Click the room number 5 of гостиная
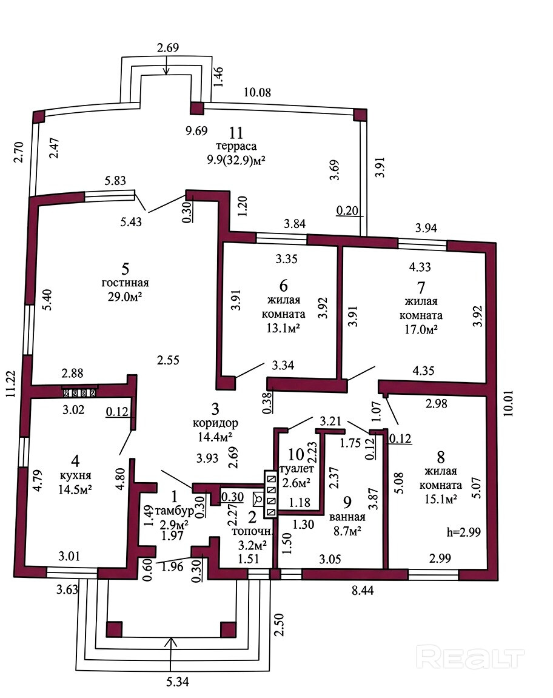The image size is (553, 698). click(126, 267)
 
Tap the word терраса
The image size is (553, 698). click(236, 146)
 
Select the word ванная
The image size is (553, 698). click(347, 517)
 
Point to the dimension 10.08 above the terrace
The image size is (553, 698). click(257, 92)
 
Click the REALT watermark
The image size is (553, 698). click(471, 657)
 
